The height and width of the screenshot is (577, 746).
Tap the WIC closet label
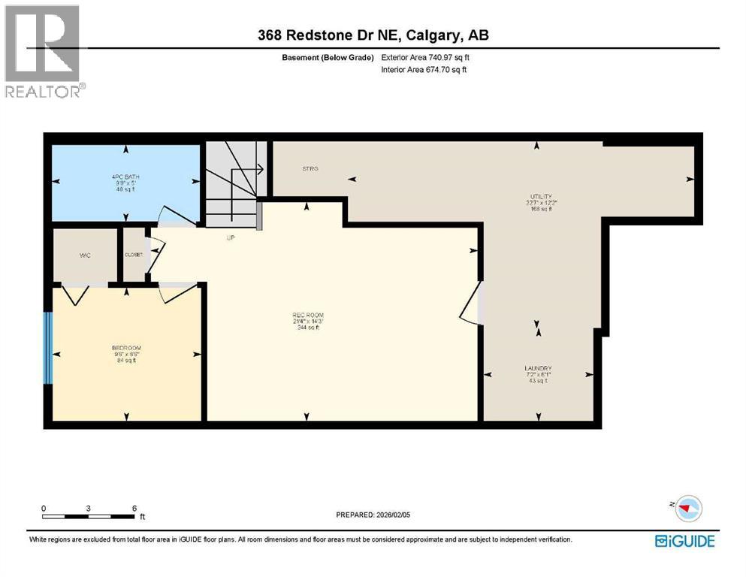click(85, 255)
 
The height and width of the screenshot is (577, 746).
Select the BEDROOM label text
click(126, 348)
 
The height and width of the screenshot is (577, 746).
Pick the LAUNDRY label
click(538, 368)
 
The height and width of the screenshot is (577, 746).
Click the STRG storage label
click(310, 169)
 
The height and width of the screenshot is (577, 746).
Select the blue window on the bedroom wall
click(48, 347)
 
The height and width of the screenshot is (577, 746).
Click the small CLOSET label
click(134, 255)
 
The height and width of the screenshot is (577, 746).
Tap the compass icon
click(687, 509)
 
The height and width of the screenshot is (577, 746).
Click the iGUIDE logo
click(684, 541)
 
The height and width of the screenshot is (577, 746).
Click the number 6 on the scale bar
click(134, 508)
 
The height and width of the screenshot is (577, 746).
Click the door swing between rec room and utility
click(472, 304)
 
